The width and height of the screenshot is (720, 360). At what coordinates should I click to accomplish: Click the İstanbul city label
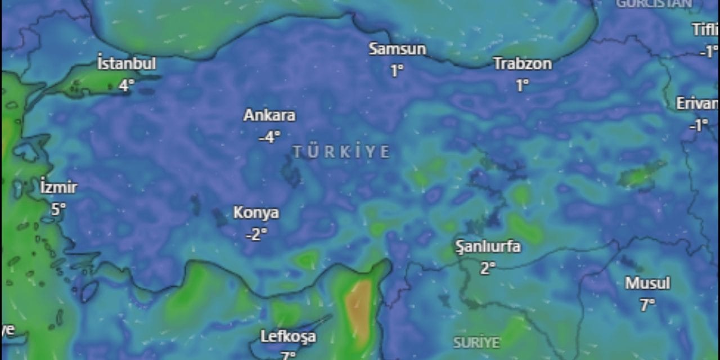(x=127, y=64)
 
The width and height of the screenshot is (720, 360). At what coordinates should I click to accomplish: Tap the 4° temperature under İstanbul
(x=127, y=85)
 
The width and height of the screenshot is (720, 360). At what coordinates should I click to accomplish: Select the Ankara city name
(x=269, y=115)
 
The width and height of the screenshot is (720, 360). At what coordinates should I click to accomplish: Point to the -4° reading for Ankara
(x=269, y=137)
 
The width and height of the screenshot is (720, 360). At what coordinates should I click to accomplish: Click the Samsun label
(x=397, y=49)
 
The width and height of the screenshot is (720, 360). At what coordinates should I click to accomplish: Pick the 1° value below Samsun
(x=397, y=71)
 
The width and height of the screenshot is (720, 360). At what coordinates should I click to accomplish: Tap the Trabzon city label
(x=523, y=64)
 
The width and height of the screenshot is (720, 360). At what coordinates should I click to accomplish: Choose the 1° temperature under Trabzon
(x=523, y=85)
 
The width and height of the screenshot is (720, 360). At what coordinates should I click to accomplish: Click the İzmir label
(x=58, y=187)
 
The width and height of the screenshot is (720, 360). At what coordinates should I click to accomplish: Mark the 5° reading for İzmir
(x=58, y=209)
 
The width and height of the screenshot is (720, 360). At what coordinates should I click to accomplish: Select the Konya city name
(x=256, y=213)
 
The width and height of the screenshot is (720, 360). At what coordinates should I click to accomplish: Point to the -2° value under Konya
(x=256, y=234)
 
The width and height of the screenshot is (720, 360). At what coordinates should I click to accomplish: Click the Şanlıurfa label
(x=488, y=246)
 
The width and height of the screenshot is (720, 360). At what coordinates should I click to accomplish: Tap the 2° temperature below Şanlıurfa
(x=488, y=268)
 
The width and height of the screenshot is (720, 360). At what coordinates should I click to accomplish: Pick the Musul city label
(x=647, y=283)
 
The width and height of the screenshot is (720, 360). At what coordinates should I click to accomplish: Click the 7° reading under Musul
(x=647, y=305)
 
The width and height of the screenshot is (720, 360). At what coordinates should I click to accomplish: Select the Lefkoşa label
(x=288, y=337)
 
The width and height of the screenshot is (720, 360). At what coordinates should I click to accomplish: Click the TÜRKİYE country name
(x=341, y=152)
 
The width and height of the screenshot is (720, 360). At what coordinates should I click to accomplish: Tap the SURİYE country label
(x=476, y=342)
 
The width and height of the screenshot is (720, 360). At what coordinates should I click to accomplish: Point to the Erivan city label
(x=697, y=103)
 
